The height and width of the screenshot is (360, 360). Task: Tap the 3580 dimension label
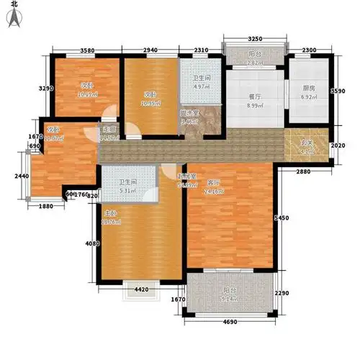coord(88,50)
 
